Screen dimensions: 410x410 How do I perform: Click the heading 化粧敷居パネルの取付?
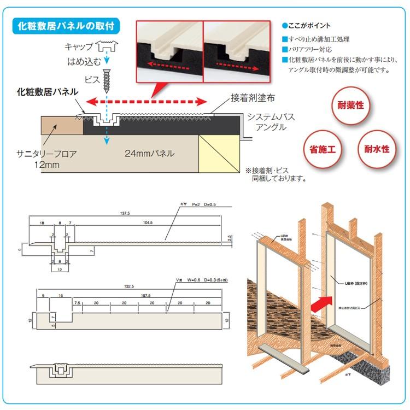click(x=67, y=26)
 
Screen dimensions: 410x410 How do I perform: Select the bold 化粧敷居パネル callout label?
click(x=46, y=92)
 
